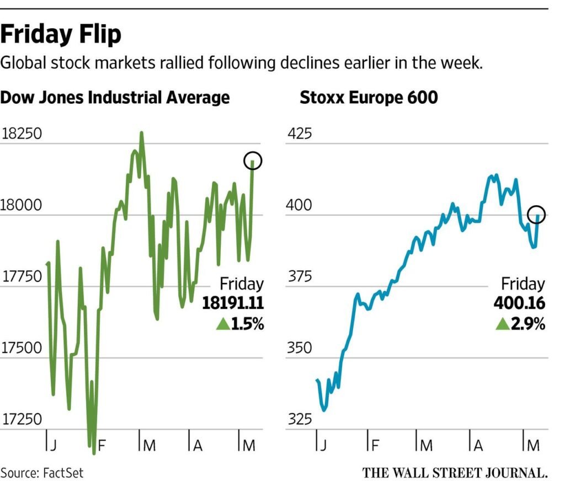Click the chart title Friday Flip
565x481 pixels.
click(61, 35)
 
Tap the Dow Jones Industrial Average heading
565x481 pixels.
click(115, 98)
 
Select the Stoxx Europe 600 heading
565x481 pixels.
click(369, 98)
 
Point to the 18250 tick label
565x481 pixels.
click(22, 134)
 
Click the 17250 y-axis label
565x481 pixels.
click(22, 419)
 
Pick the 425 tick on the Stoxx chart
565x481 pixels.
click(299, 134)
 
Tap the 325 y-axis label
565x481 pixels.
click(299, 419)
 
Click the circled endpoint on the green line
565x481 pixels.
click(253, 161)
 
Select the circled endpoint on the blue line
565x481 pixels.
click(536, 215)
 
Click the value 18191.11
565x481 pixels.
click(233, 303)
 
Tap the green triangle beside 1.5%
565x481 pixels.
click(223, 324)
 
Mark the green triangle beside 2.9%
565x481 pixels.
click(503, 324)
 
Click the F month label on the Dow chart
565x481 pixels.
click(102, 445)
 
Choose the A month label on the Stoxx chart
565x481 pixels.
click(478, 445)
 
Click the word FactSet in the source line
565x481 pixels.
click(62, 472)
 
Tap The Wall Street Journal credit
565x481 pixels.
click(455, 472)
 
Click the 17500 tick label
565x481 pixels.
click(22, 348)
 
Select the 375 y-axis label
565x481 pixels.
click(299, 277)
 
